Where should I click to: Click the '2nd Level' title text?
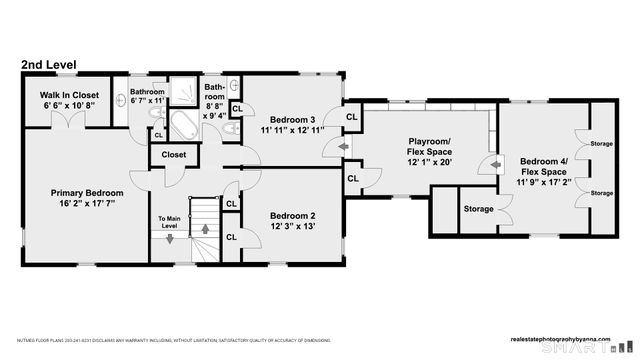(x=47, y=65)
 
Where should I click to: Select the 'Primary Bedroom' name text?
(x=87, y=193)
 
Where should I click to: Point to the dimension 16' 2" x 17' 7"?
(x=87, y=203)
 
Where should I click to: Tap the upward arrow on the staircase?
(x=207, y=229)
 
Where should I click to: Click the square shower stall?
(x=183, y=93)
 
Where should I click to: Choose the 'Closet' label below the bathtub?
(x=173, y=155)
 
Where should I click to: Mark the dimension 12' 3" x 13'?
(x=292, y=227)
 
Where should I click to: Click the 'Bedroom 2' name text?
(x=292, y=216)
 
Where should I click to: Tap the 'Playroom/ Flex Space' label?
(x=430, y=148)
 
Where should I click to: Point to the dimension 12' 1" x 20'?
(x=430, y=162)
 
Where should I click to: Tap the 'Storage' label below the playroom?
(x=478, y=209)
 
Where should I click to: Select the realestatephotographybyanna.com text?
(x=567, y=336)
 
